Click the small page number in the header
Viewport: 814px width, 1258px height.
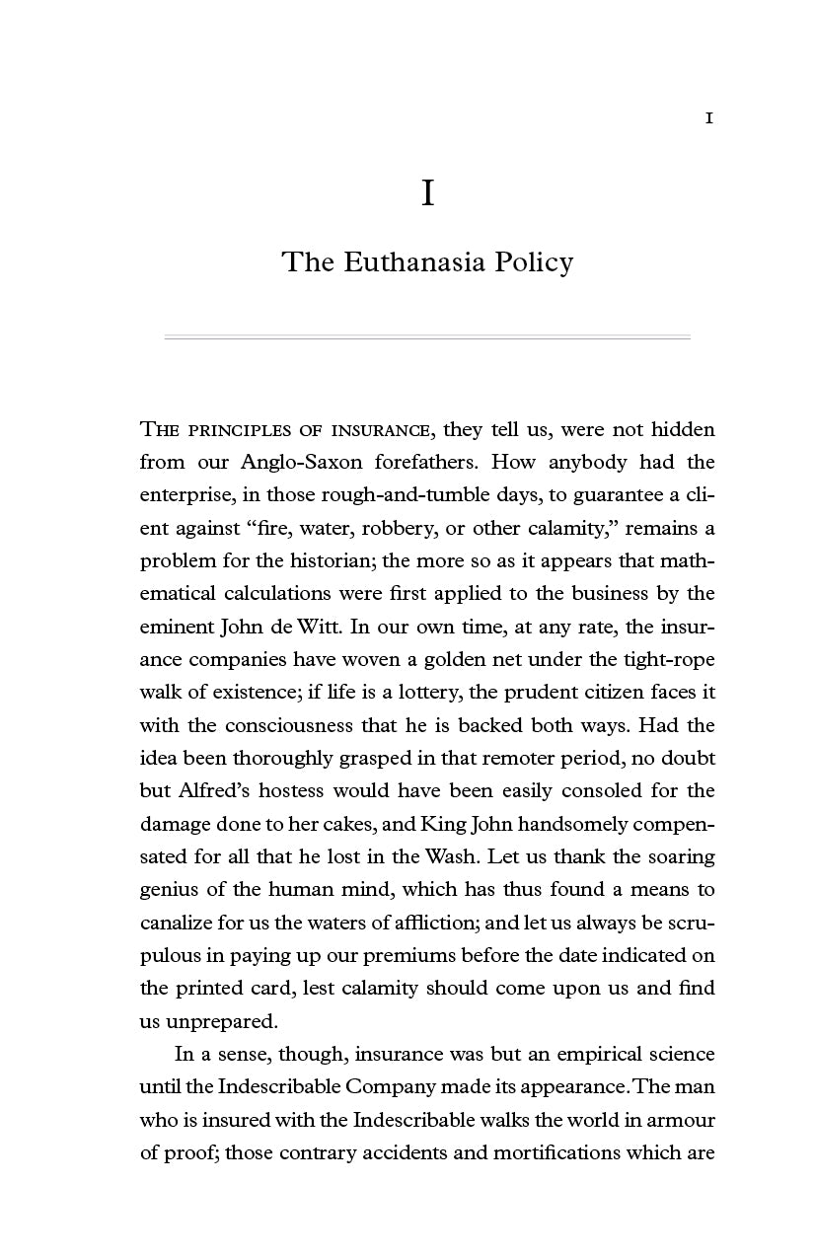click(x=708, y=118)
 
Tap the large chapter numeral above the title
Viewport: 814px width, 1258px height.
click(x=427, y=193)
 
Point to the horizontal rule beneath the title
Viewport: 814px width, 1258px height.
click(x=426, y=337)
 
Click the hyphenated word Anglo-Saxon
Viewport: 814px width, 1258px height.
click(x=299, y=462)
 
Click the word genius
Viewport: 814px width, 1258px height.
click(x=170, y=889)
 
